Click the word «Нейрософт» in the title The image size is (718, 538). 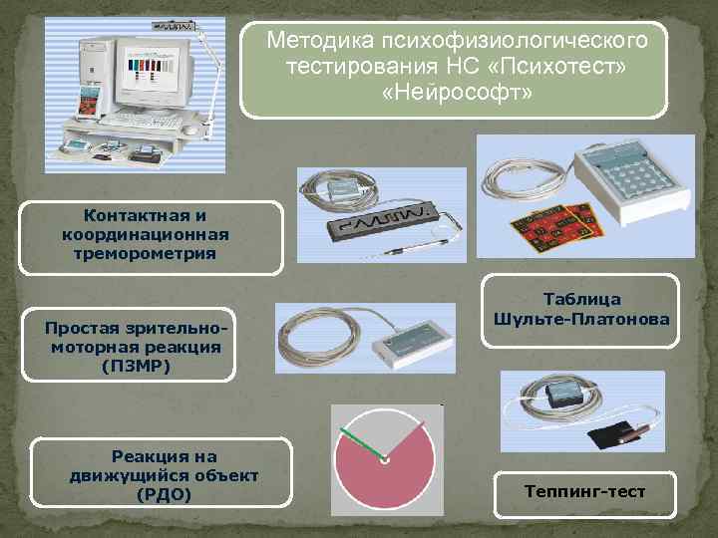pos(457,92)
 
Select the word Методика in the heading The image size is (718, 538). pos(317,40)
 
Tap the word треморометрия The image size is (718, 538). pos(144,253)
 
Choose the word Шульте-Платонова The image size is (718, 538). pos(581,319)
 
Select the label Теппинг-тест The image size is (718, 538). pos(584,491)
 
